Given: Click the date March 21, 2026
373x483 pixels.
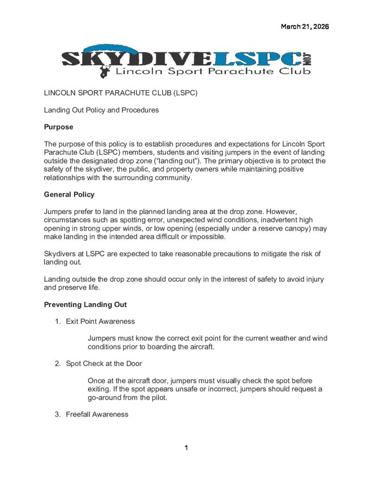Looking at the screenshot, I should [x=305, y=26].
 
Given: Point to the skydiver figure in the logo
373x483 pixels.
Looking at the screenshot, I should [x=103, y=71].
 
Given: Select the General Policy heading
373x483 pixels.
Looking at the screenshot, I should [x=69, y=194].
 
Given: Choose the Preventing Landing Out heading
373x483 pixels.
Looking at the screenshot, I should [x=85, y=305].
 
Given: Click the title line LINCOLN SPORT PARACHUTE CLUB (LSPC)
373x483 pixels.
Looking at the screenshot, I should [x=120, y=93].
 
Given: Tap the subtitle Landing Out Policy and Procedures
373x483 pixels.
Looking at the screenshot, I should [x=101, y=110].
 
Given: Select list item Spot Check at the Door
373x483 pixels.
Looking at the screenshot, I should [x=104, y=364].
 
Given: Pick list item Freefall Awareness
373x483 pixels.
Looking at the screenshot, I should [x=97, y=415].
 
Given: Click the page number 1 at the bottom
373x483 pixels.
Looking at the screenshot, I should [x=186, y=448].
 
